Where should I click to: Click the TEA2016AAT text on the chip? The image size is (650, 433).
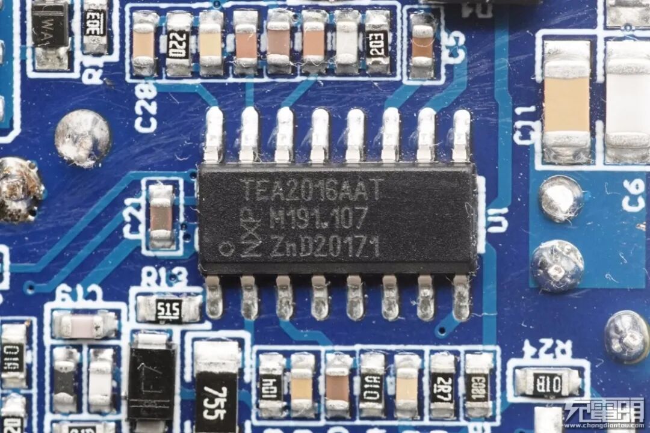(x=312, y=190)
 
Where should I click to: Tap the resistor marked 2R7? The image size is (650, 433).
(x=443, y=385)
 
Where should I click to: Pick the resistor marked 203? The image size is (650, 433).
(x=377, y=43)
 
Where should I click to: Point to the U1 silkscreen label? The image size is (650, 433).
(x=498, y=220)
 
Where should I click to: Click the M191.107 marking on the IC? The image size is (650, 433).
(x=318, y=218)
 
